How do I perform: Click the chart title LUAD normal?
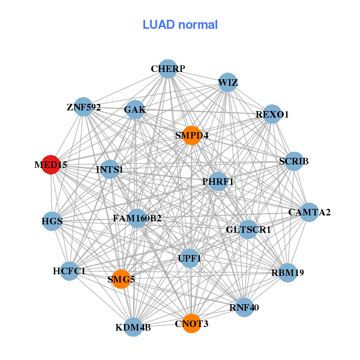(180, 25)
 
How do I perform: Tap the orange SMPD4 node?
(192, 136)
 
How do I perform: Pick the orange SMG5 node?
(121, 279)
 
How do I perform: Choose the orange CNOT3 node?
(191, 324)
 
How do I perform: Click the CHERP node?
(168, 69)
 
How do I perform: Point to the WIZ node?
(228, 82)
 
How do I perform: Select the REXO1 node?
(272, 114)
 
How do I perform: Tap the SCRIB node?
(293, 161)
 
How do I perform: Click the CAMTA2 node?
(309, 212)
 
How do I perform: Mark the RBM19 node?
(288, 272)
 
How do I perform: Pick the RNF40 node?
(244, 308)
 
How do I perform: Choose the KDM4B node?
(133, 327)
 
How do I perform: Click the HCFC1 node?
(70, 271)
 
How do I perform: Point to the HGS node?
(52, 221)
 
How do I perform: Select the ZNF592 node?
(83, 107)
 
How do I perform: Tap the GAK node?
(135, 110)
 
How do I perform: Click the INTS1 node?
(110, 170)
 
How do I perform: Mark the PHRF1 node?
(218, 181)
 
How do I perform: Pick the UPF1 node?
(190, 259)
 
